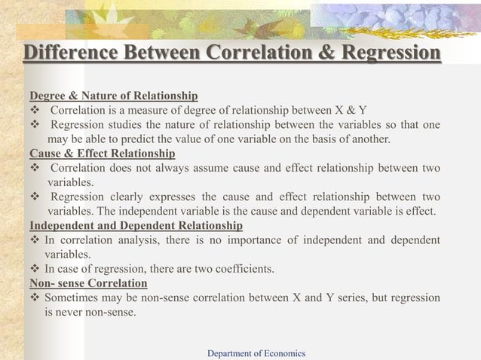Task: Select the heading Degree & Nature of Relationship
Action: click(x=113, y=96)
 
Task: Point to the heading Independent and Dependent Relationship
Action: click(x=136, y=225)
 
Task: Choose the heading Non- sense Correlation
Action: click(x=88, y=283)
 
